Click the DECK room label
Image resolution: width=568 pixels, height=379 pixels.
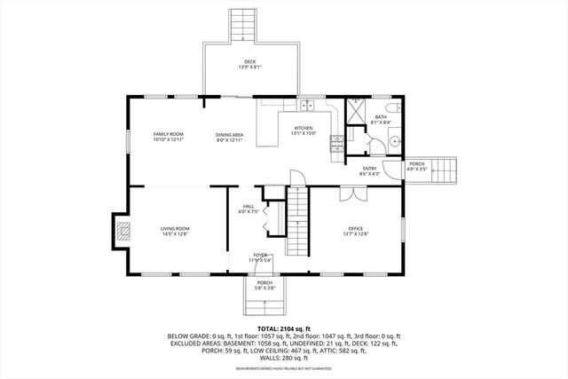click(x=249, y=64)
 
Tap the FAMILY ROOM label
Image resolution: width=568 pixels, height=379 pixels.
click(x=167, y=136)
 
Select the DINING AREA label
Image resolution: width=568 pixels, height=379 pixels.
click(x=229, y=136)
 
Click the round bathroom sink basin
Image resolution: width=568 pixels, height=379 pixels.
click(x=394, y=142)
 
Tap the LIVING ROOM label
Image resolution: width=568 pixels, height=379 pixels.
click(x=174, y=231)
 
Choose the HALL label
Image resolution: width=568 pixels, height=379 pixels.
click(x=248, y=209)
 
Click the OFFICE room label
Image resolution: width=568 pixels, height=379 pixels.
click(x=355, y=231)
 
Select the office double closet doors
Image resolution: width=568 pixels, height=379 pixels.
click(x=347, y=193)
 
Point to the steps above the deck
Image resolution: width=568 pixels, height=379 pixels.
click(x=241, y=23)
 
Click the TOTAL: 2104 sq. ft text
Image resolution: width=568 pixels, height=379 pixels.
click(x=283, y=328)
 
